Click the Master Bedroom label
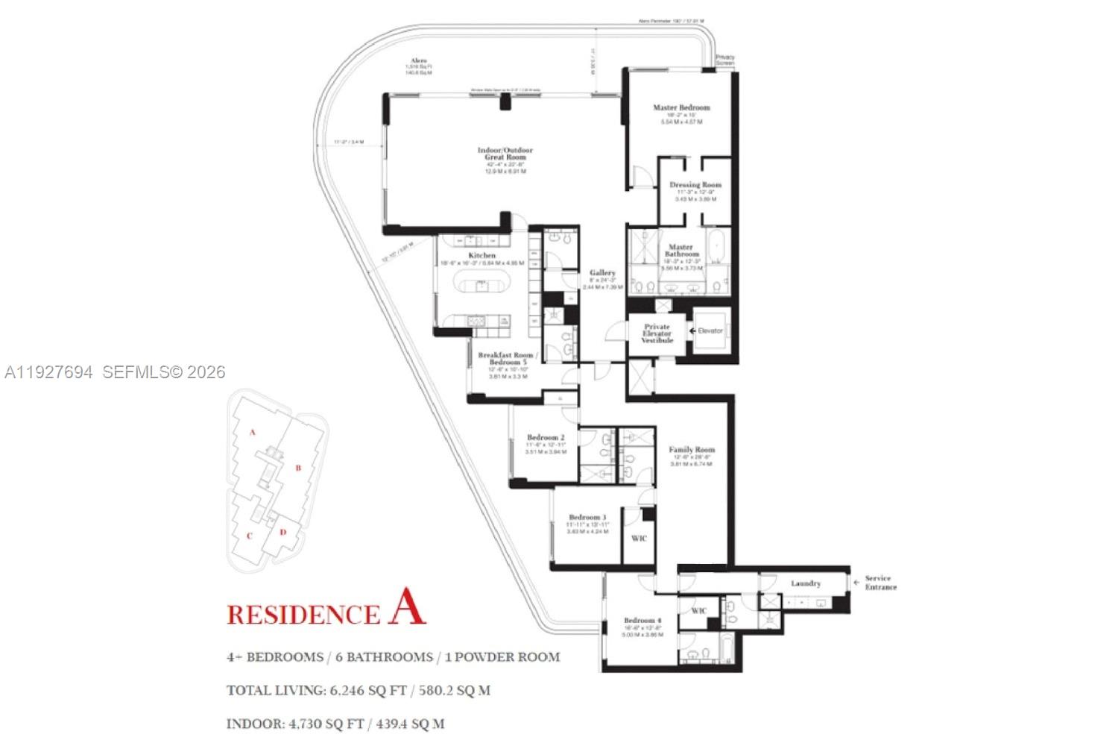point(681,107)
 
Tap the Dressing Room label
point(695,184)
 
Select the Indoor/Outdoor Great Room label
point(505,154)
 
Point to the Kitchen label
point(482,255)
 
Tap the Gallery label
point(602,273)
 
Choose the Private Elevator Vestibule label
point(657,333)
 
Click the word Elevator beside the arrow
point(710,330)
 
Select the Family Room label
point(692,450)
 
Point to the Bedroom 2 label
point(546,437)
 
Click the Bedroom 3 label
point(587,517)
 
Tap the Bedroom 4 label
point(642,620)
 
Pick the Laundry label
point(806,583)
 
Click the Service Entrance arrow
point(856,580)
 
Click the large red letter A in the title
point(407,606)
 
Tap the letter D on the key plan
point(283,532)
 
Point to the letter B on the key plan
point(298,468)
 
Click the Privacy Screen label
point(724,60)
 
